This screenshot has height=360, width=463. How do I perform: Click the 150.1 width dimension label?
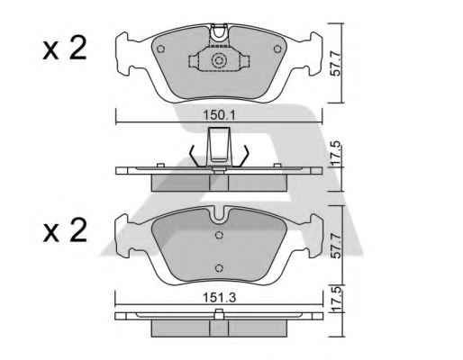(x=220, y=115)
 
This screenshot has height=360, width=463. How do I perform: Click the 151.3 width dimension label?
(x=220, y=297)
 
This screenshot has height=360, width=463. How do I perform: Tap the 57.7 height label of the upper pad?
(x=337, y=63)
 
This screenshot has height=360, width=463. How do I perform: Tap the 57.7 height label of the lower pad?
(x=337, y=246)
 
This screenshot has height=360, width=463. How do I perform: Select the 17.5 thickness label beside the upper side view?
(x=337, y=154)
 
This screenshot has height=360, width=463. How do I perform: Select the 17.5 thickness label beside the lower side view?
(x=337, y=299)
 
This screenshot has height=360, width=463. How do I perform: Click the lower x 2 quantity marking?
(x=65, y=230)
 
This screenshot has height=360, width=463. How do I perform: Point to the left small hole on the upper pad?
(x=161, y=49)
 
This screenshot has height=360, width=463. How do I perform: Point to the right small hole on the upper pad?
(x=277, y=49)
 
